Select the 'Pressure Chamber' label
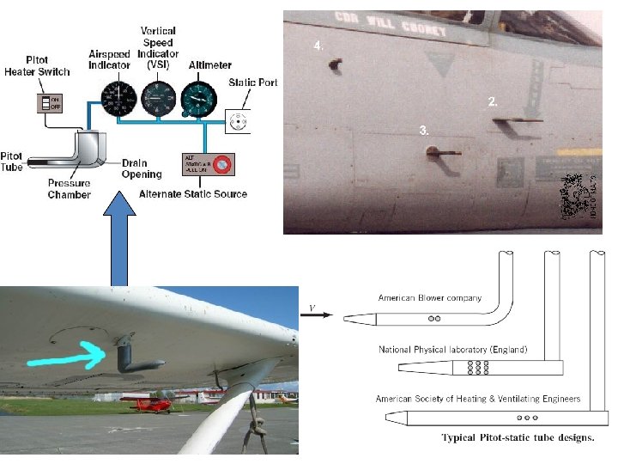[x=70, y=189]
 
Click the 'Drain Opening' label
[x=142, y=169]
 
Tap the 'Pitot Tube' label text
[x=12, y=161]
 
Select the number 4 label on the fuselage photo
[x=319, y=45]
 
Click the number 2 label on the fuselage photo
[x=493, y=101]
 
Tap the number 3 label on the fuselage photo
[x=424, y=130]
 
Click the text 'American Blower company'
[x=430, y=298]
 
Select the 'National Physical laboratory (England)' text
[x=452, y=350]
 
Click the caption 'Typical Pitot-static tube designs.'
[x=518, y=438]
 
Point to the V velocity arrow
[x=317, y=314]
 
